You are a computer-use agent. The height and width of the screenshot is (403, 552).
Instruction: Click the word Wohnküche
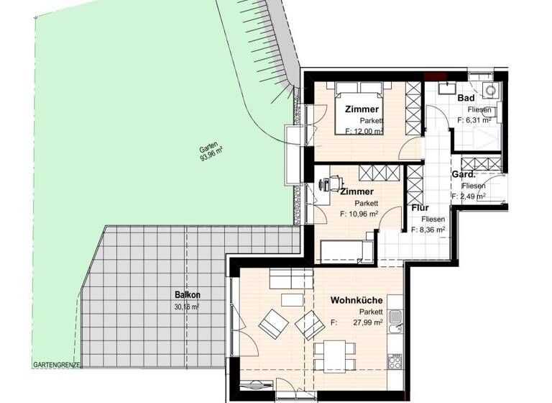click(356, 299)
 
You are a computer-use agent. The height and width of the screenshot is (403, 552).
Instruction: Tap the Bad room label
click(466, 98)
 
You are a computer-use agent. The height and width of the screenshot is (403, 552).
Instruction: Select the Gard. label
click(463, 175)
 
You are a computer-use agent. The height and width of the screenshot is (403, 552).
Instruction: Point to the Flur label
click(420, 209)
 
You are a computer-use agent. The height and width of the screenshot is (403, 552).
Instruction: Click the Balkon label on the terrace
click(187, 294)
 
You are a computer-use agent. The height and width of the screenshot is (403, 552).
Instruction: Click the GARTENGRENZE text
click(57, 366)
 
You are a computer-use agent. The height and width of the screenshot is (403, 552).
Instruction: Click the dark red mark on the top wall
click(433, 76)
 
